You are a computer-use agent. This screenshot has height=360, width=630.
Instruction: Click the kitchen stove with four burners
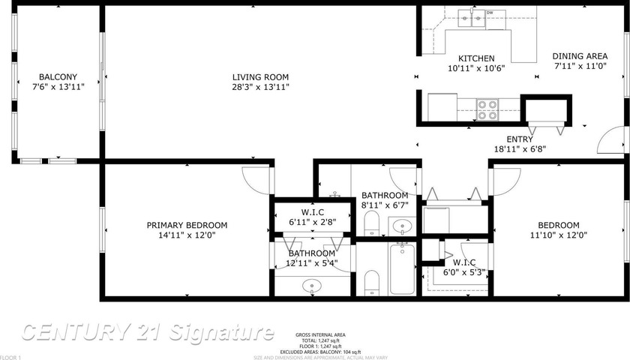pyautogui.click(x=487, y=110)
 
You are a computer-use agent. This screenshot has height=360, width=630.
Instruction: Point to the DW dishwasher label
pyautogui.click(x=490, y=13)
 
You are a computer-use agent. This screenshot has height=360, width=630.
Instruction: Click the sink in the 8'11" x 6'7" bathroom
pyautogui.click(x=402, y=225)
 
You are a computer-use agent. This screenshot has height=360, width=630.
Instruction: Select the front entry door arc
pyautogui.click(x=615, y=140)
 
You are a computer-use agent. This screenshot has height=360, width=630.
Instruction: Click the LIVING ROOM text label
pyautogui.click(x=260, y=77)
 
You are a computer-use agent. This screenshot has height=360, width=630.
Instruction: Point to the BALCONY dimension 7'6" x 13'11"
pyautogui.click(x=58, y=87)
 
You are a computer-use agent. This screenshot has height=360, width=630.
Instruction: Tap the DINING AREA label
pyautogui.click(x=580, y=56)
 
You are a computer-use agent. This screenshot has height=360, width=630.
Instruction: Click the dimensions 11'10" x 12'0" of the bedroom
pyautogui.click(x=559, y=235)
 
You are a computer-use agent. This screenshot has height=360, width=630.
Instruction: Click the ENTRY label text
pyautogui.click(x=520, y=139)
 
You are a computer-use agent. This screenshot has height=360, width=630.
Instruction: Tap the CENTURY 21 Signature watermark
pyautogui.click(x=147, y=331)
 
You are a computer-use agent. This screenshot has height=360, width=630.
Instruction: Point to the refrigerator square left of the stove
pyautogui.click(x=442, y=106)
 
